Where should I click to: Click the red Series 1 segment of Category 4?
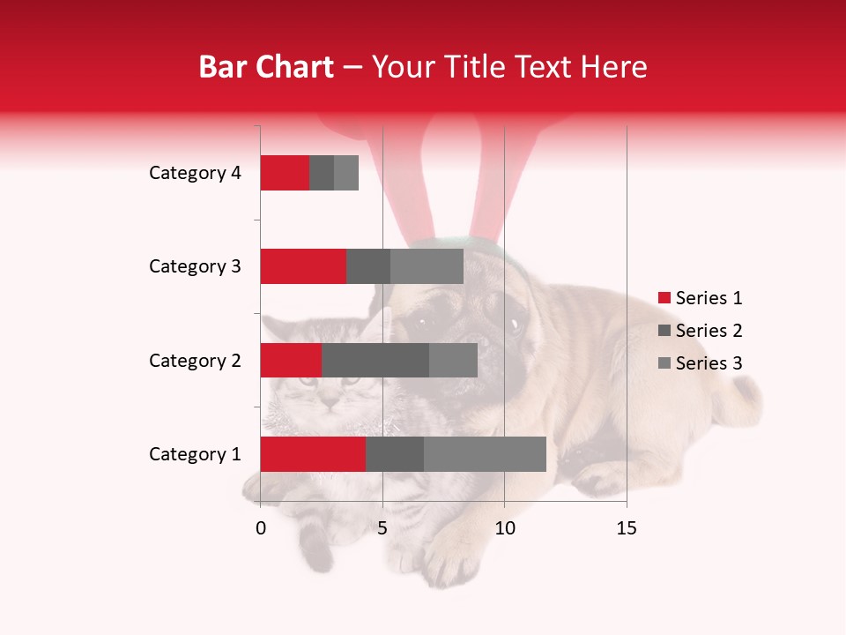tap(285, 173)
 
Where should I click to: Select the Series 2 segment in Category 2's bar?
tap(375, 360)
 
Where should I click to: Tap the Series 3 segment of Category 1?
tap(485, 453)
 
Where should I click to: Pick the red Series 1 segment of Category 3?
tap(303, 266)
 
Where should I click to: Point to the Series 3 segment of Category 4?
tap(346, 173)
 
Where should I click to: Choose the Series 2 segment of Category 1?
tap(395, 453)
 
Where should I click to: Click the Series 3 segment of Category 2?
tap(453, 360)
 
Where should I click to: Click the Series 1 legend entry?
tap(701, 298)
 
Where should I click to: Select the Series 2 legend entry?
tap(701, 331)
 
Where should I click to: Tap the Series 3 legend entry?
tap(701, 363)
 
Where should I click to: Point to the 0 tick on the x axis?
tap(261, 528)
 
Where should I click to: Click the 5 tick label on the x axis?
tap(382, 528)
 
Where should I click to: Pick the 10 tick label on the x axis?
tap(504, 528)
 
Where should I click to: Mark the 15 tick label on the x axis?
tap(626, 528)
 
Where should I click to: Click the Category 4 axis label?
tap(195, 173)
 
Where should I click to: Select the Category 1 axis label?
tap(195, 454)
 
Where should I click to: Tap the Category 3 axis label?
tap(195, 266)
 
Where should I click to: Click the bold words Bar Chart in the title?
tap(266, 67)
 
